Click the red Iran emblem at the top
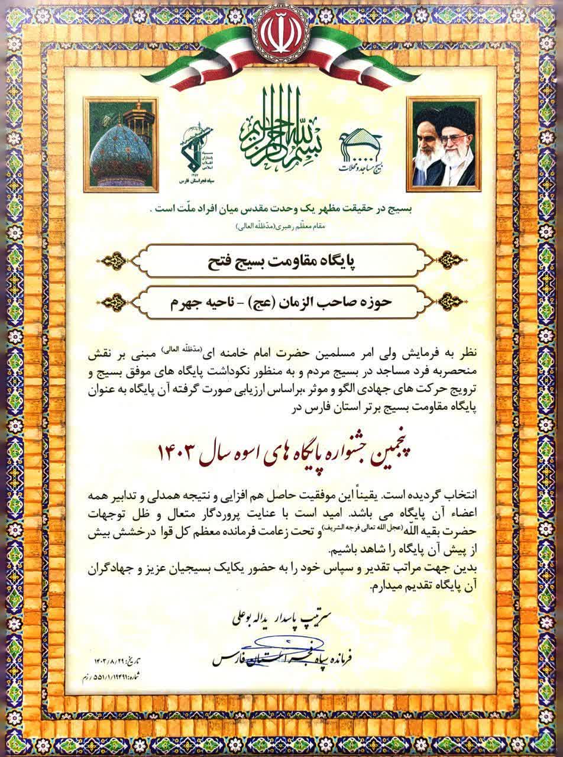click(281, 30)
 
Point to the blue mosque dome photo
click(121, 145)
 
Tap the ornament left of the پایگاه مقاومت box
click(118, 261)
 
